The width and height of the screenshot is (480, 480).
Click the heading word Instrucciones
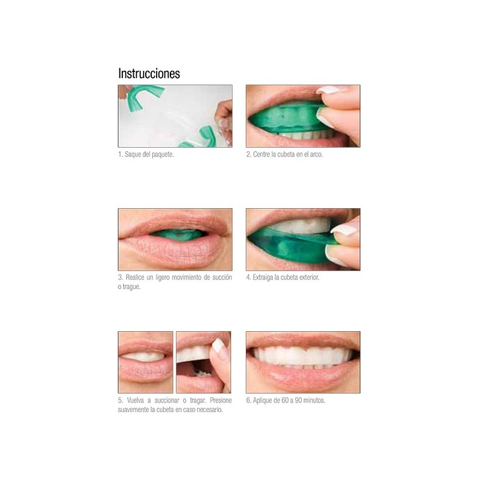tap(149, 74)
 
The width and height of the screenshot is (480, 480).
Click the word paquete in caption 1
tap(161, 154)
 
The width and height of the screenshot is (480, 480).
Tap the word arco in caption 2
tap(315, 154)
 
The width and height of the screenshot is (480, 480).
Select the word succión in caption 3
tap(220, 278)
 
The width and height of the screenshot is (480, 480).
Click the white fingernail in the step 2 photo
tap(329, 90)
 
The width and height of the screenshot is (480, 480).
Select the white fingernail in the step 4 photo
tap(344, 229)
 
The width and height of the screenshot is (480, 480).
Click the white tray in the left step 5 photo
tap(144, 356)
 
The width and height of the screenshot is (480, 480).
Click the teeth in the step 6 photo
tap(303, 356)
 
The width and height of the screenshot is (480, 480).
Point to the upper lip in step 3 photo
tap(174, 222)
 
